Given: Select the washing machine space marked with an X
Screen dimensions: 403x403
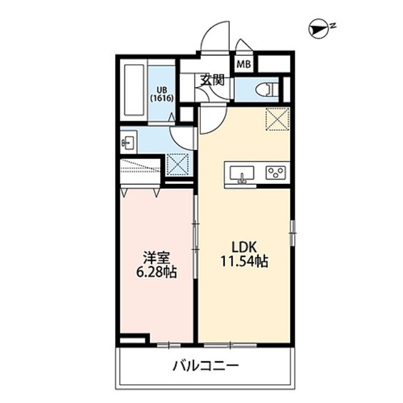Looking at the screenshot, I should pos(179,164).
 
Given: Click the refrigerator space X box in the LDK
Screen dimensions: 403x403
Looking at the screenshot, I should pos(276,119).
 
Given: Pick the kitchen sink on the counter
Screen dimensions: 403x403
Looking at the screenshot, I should pos(242,173).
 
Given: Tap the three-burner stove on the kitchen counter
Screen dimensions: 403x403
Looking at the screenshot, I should pos(276,173).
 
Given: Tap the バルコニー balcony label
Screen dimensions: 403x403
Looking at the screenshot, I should pos(205,366).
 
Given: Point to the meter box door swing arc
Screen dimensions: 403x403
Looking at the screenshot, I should pos(242,47).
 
